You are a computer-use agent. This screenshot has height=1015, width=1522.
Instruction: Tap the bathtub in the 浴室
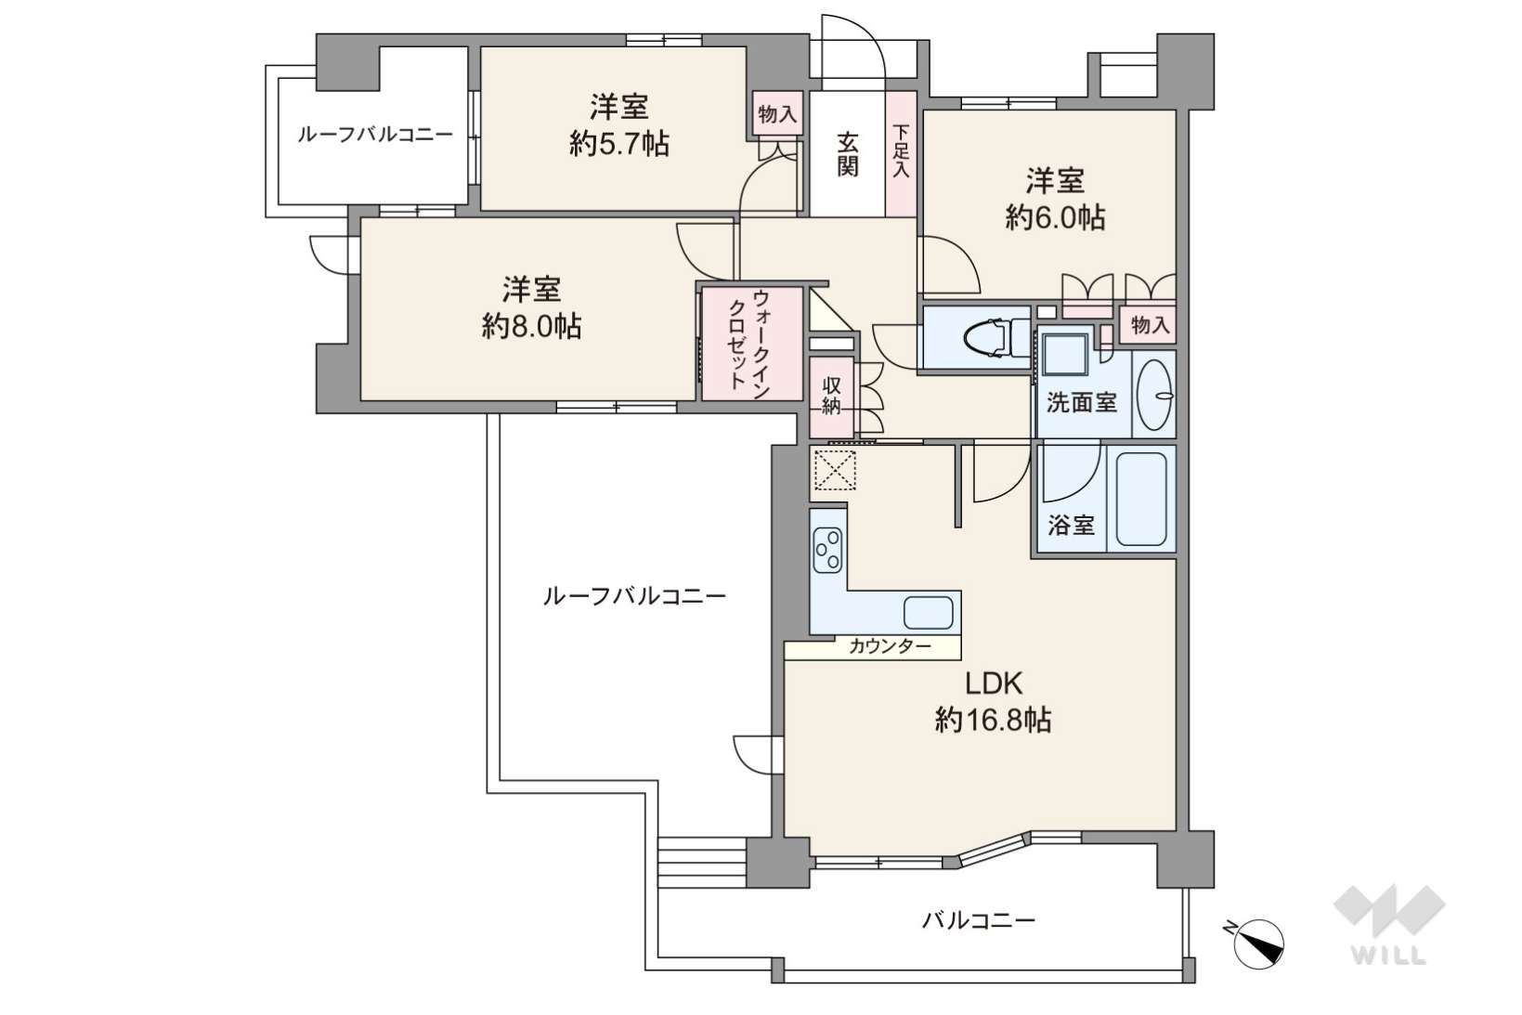1141,500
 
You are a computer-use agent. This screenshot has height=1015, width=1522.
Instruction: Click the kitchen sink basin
928,613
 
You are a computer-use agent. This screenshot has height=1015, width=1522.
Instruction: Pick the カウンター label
890,646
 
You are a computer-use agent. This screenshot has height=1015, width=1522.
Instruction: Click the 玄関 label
847,154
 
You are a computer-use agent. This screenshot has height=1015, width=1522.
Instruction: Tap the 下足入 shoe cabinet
902,153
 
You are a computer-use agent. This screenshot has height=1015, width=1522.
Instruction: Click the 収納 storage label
832,396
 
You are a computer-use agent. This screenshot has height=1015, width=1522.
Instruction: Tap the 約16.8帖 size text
994,720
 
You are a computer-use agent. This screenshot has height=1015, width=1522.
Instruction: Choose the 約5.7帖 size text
619,144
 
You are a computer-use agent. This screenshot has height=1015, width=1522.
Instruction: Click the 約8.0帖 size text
531,327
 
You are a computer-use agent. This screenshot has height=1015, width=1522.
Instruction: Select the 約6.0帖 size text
1055,217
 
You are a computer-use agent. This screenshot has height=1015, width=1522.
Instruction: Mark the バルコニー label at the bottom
979,921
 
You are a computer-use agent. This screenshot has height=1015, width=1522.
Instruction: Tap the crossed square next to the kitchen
835,470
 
